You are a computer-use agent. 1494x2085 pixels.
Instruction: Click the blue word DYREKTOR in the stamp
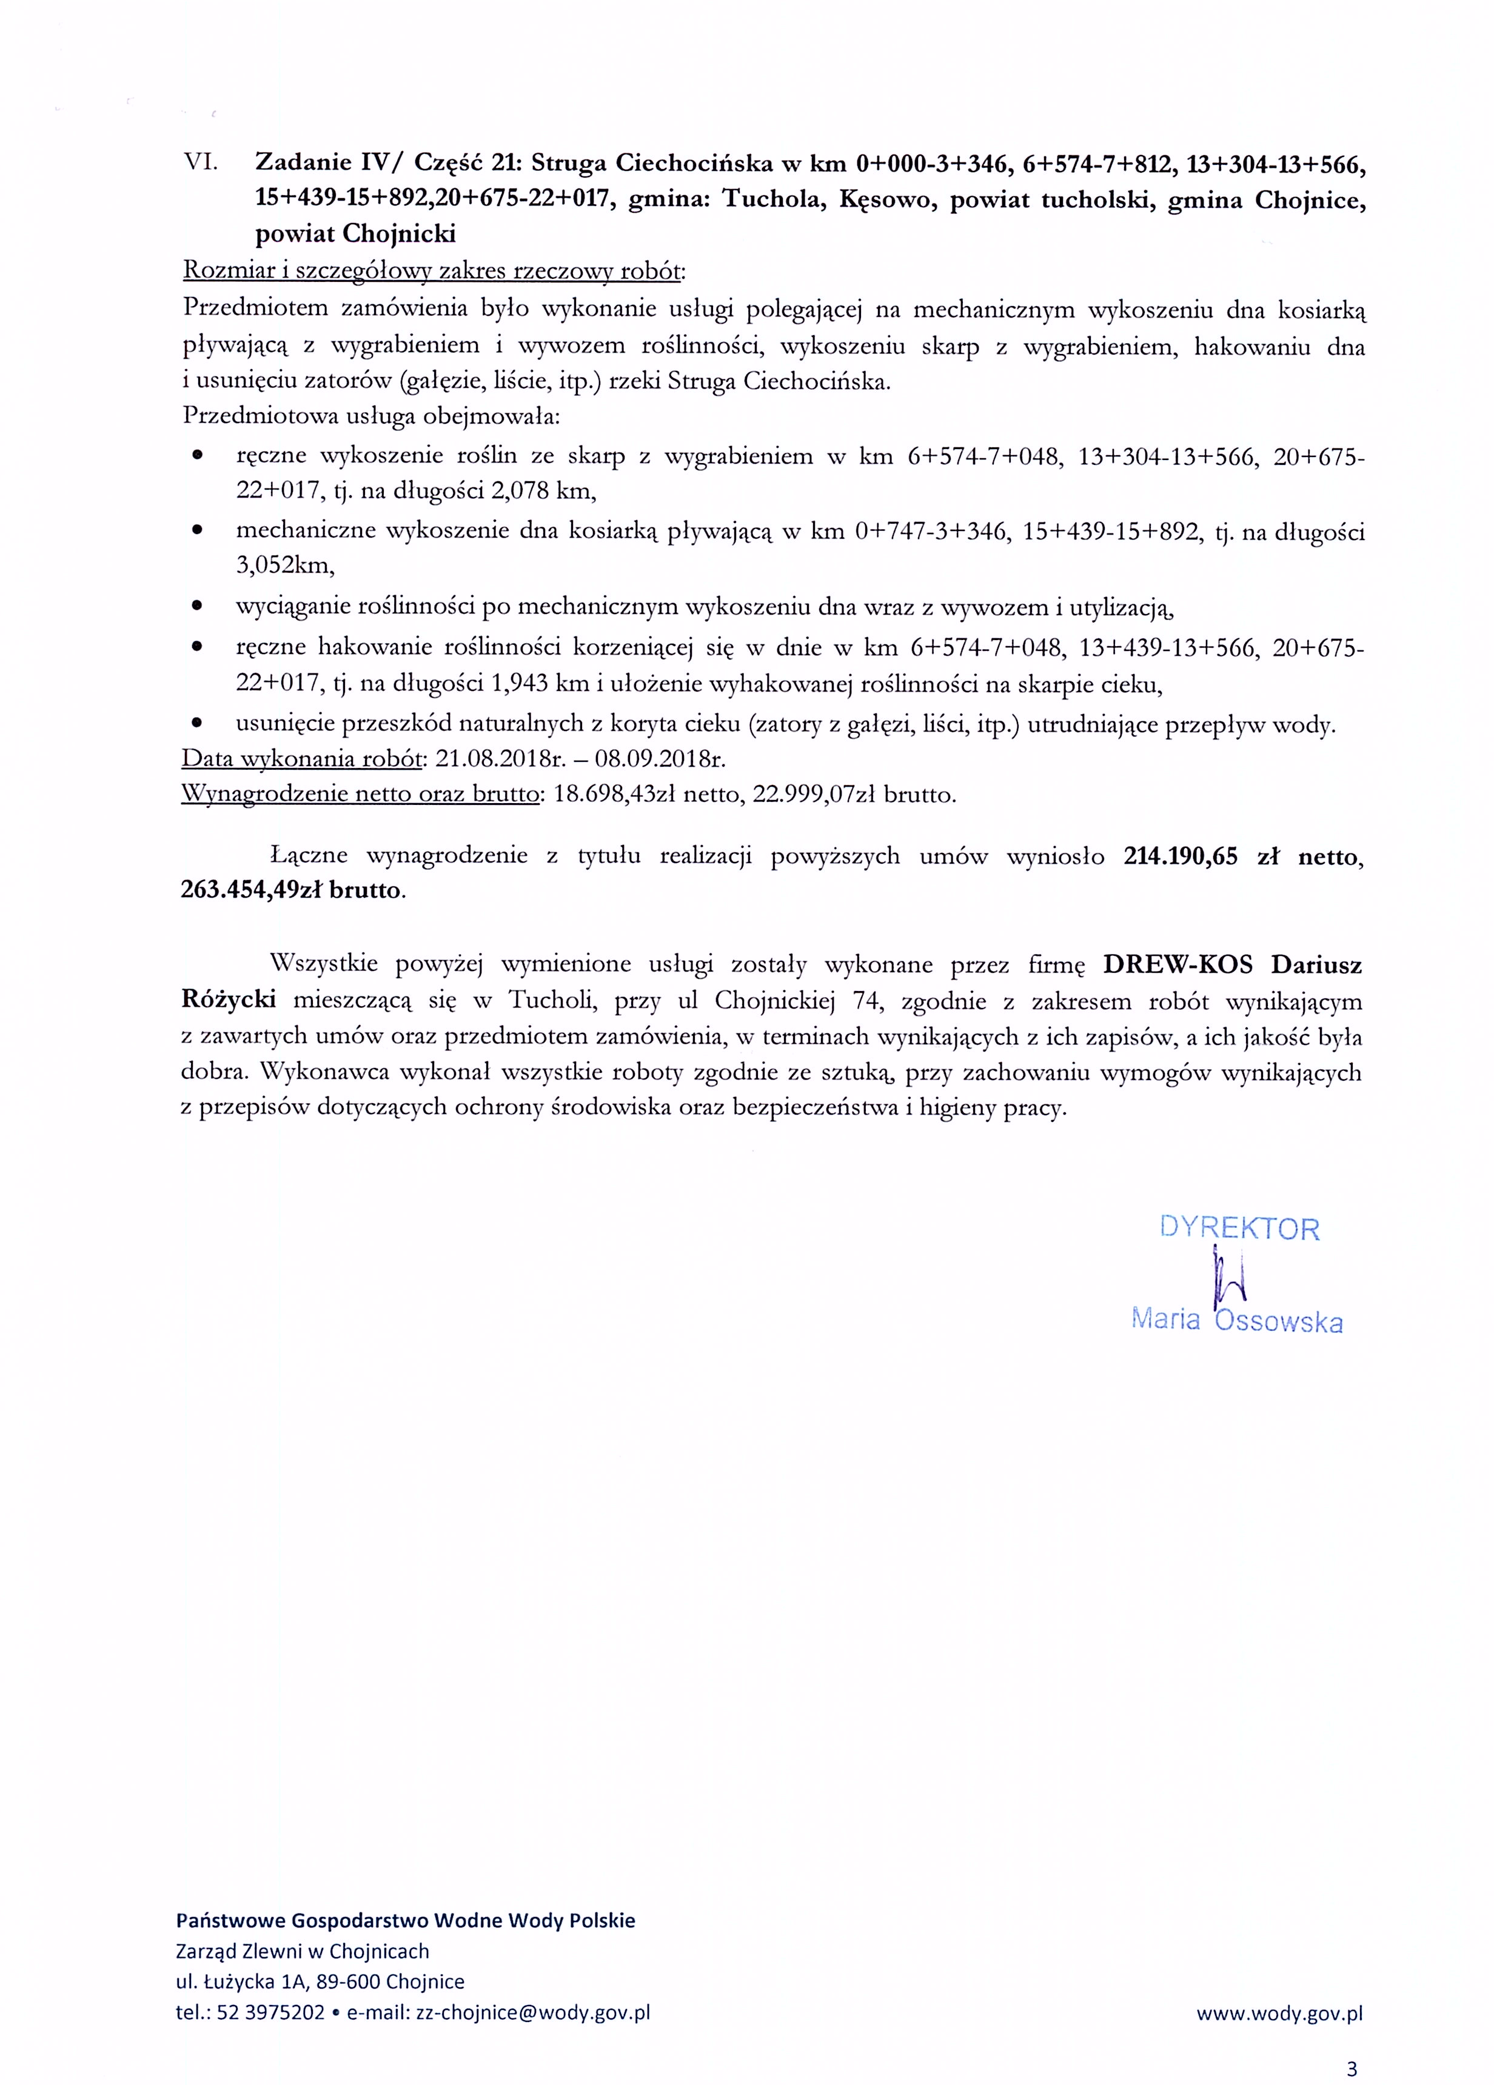tap(1239, 1228)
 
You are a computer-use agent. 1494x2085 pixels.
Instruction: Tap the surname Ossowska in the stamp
tap(1278, 1322)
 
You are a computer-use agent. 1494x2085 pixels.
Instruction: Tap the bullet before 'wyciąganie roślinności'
tap(196, 607)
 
